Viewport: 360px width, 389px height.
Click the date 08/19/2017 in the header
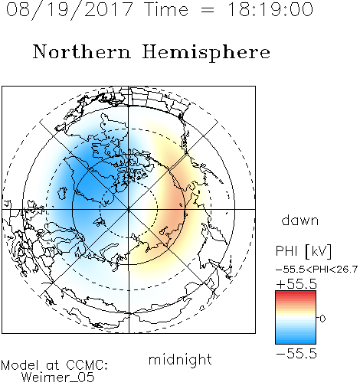point(69,10)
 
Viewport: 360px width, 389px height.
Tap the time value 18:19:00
point(270,9)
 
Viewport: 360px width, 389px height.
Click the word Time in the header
point(166,9)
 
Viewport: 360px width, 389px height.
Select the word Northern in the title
point(81,51)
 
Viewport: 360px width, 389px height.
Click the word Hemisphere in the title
point(206,53)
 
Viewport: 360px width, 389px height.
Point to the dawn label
point(300,220)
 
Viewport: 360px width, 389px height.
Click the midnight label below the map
point(180,359)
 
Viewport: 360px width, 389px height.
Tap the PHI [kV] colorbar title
point(303,251)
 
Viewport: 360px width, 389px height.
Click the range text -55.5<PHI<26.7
point(316,270)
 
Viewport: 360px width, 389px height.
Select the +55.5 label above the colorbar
point(296,284)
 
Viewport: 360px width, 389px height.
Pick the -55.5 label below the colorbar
point(296,354)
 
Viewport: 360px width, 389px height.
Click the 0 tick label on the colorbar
point(322,319)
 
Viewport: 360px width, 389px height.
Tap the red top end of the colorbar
point(296,293)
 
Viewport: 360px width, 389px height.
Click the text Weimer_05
point(58,378)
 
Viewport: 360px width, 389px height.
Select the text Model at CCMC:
point(54,365)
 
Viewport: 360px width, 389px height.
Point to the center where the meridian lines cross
point(129,209)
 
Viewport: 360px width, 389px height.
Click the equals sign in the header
point(208,10)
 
